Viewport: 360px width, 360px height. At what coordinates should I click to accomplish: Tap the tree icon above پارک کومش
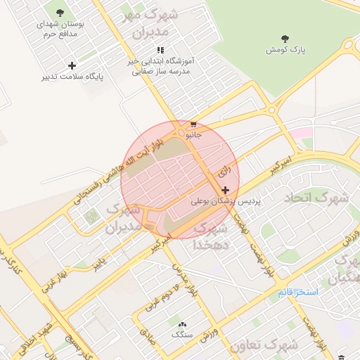tap(284, 39)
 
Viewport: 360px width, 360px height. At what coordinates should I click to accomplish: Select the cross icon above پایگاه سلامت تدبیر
tap(72, 65)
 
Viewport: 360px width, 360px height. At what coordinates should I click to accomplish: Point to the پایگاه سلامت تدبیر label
tap(72, 76)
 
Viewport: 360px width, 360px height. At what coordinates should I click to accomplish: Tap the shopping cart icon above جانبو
tap(193, 124)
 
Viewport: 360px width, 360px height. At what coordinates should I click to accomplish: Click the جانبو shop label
tap(193, 134)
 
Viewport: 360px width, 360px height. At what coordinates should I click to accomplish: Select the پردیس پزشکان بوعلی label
tap(225, 201)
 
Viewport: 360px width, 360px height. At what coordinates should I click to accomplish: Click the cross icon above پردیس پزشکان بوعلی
tap(225, 191)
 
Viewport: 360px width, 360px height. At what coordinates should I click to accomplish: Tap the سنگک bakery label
tap(183, 335)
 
